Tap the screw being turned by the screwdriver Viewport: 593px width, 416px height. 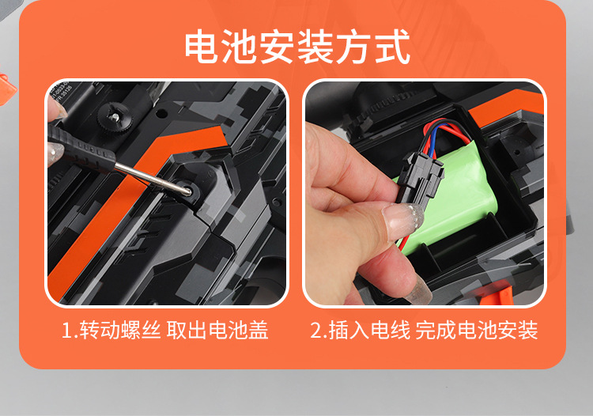[x=187, y=189]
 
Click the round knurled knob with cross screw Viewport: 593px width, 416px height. [x=115, y=117]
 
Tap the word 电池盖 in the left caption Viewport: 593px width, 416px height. [x=238, y=330]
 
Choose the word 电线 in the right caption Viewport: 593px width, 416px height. [x=391, y=330]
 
